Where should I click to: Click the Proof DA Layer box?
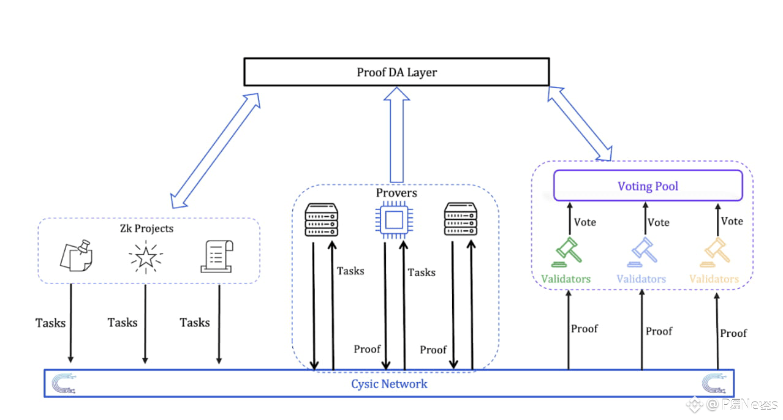pos(396,72)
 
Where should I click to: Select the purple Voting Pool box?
pos(648,186)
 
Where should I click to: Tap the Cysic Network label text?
pos(389,384)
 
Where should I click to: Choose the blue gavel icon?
pos(643,251)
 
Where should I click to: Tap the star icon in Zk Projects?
pos(146,257)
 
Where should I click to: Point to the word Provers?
pos(396,193)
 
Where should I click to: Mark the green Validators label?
pos(565,279)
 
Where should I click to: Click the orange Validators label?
pos(714,279)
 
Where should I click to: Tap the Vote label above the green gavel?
pos(584,222)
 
